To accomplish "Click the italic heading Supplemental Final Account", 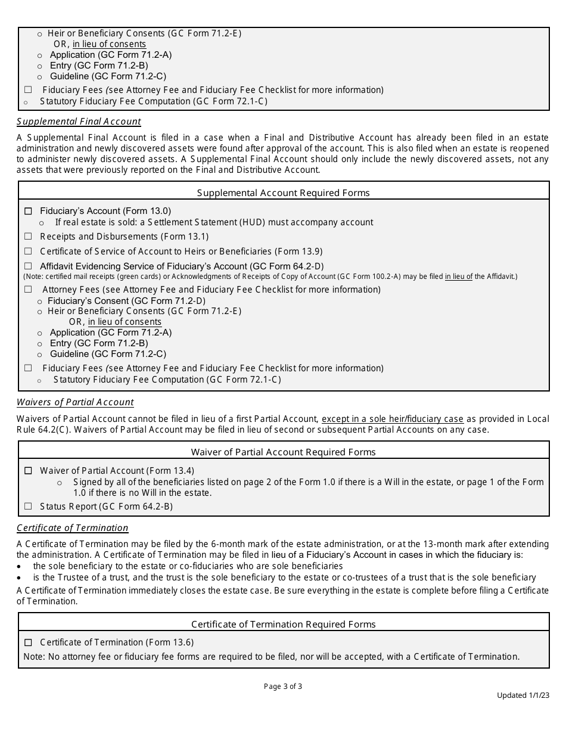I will coord(79,122).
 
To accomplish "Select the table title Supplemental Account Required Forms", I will coord(283,192).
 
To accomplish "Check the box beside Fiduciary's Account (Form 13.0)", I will coord(28,211).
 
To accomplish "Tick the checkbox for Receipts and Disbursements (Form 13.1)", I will coord(28,237).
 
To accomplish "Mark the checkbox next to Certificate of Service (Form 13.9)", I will coord(28,251).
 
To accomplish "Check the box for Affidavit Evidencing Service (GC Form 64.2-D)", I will coord(28,266).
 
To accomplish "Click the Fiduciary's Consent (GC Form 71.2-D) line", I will coord(126,300).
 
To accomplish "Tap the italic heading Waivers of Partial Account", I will coord(75,402).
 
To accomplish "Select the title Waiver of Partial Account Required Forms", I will coord(283,452).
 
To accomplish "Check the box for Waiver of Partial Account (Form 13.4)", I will coord(28,471).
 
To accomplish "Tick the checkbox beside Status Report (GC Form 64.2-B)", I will coord(28,507).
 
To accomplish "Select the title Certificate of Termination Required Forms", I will coord(283,624).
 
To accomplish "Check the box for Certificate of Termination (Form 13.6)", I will coord(28,642).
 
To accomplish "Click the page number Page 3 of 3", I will coord(283,686).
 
